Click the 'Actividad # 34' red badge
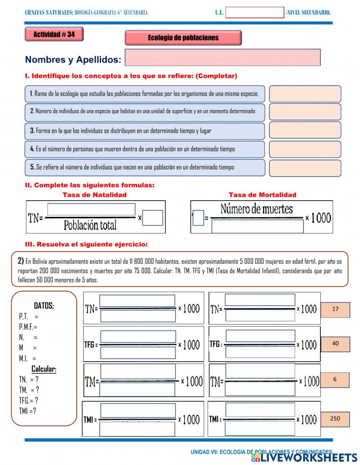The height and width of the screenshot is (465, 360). [54, 35]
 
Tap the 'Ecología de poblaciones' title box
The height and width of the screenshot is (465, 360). [183, 38]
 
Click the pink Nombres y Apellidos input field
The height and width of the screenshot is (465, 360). [222, 58]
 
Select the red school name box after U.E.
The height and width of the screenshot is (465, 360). [255, 13]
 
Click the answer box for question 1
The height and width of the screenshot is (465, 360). [305, 94]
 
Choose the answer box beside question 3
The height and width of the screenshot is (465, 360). [305, 130]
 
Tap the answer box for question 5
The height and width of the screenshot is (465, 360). [305, 168]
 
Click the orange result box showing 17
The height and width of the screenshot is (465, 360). [335, 309]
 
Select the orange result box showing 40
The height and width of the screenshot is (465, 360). [335, 344]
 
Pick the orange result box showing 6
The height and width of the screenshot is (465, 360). [335, 380]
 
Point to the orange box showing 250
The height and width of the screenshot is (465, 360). [335, 419]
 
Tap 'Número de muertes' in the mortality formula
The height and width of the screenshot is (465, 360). [256, 209]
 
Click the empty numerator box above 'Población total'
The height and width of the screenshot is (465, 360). [91, 209]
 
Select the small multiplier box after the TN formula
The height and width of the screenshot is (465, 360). [153, 218]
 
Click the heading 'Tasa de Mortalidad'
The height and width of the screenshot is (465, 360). [262, 195]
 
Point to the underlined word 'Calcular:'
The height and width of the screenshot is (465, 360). [44, 369]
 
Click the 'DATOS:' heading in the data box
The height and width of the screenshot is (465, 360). [44, 306]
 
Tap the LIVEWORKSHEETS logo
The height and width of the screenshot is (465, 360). [304, 457]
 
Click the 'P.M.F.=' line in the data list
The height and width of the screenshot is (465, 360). [28, 327]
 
